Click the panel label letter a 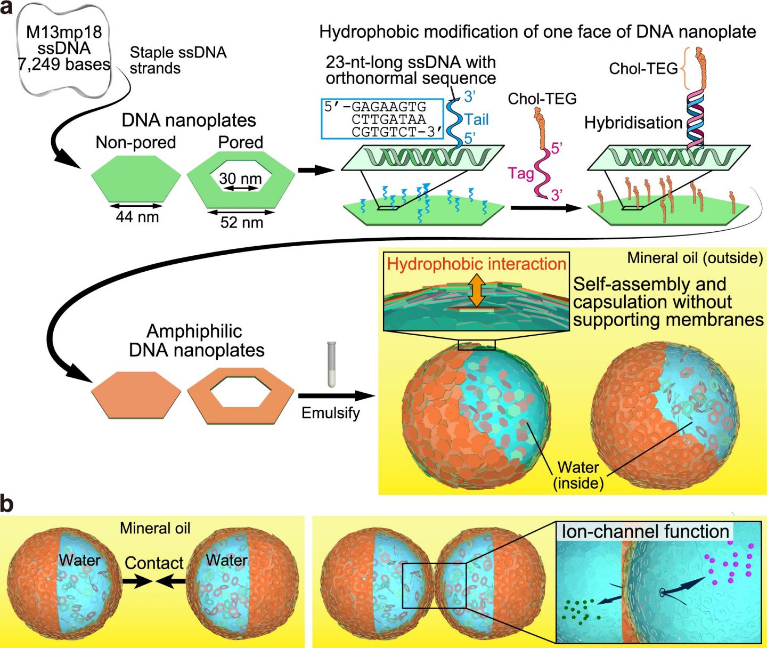point(7,10)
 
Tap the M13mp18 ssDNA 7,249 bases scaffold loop point(64,48)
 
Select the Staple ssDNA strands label point(178,60)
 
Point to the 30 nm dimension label point(240,179)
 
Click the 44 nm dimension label point(137,217)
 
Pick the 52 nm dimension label point(241,222)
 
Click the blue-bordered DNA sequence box point(382,119)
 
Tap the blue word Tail point(476,119)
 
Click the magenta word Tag point(521,173)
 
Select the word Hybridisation point(633,123)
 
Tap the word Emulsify point(330,413)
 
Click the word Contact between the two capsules point(154,563)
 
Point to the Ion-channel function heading point(645,531)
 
